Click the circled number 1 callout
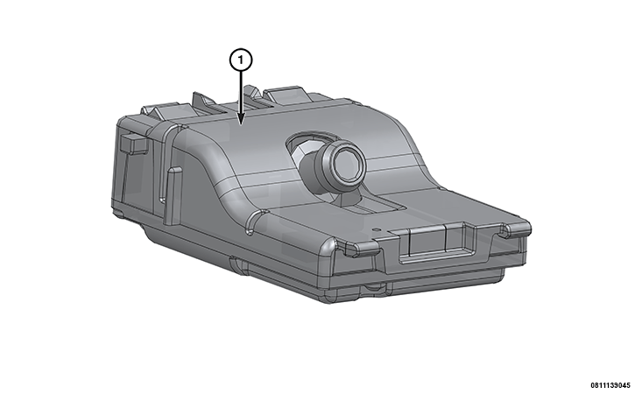[x=241, y=60]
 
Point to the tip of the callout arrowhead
[x=242, y=123]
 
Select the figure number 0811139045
[x=610, y=385]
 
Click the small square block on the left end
[x=133, y=144]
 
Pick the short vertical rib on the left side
[x=173, y=195]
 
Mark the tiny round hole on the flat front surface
[x=377, y=229]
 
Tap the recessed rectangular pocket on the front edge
[x=436, y=243]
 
